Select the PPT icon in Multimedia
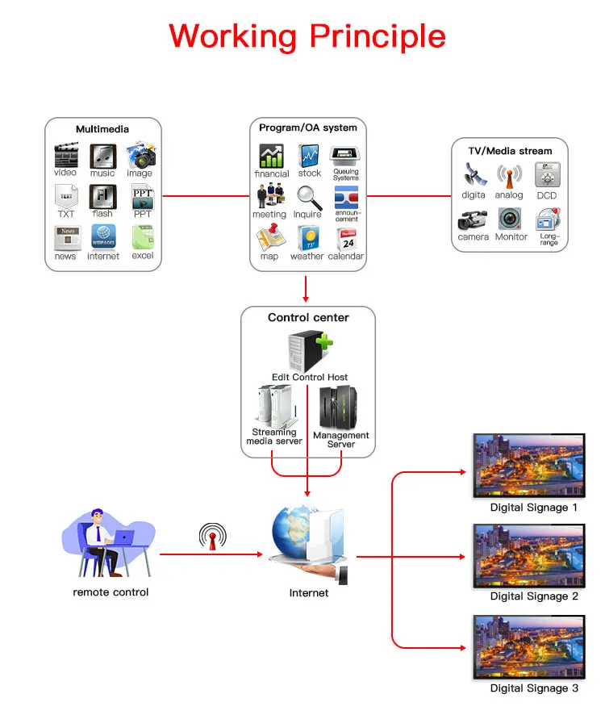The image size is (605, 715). click(143, 196)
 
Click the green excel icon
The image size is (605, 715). click(143, 237)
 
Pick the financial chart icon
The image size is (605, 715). click(271, 156)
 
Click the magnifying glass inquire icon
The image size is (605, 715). click(308, 196)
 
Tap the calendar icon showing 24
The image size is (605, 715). click(347, 239)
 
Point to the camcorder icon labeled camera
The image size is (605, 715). click(473, 220)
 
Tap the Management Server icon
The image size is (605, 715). click(340, 408)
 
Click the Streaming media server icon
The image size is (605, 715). click(274, 405)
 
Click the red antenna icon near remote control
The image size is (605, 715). click(213, 536)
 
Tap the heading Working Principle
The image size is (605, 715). click(307, 36)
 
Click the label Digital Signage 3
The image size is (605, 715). click(534, 688)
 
